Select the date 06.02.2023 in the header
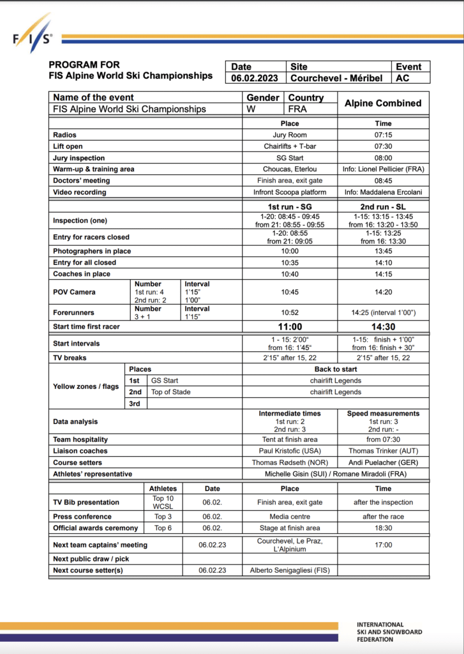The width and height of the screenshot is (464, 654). pyautogui.click(x=255, y=79)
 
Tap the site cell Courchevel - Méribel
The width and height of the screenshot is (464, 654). pyautogui.click(x=336, y=79)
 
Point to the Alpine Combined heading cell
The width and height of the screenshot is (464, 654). pyautogui.click(x=383, y=103)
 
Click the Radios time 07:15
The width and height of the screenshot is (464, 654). pyautogui.click(x=383, y=135)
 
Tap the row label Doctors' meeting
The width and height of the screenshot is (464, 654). pyautogui.click(x=82, y=181)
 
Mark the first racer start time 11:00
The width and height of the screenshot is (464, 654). pyautogui.click(x=289, y=327)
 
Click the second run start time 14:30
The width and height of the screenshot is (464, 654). pyautogui.click(x=383, y=327)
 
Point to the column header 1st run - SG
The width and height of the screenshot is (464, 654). pyautogui.click(x=289, y=207)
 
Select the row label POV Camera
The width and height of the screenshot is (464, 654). pyautogui.click(x=74, y=292)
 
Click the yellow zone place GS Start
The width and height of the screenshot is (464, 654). pyautogui.click(x=165, y=381)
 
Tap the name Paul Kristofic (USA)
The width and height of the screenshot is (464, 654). pyautogui.click(x=289, y=451)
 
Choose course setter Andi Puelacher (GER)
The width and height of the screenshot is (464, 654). pyautogui.click(x=383, y=462)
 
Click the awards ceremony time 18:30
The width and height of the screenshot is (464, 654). pyautogui.click(x=383, y=528)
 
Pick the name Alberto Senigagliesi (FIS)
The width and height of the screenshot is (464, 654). pyautogui.click(x=289, y=570)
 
